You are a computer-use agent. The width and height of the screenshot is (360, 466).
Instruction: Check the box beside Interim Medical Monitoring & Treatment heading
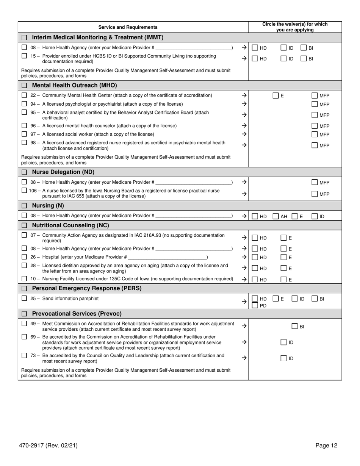(24, 38)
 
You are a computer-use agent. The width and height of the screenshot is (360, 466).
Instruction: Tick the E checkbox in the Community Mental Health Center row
(276, 96)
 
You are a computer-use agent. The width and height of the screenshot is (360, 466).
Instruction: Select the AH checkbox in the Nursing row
(276, 216)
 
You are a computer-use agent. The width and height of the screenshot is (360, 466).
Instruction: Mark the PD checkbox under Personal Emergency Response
(255, 305)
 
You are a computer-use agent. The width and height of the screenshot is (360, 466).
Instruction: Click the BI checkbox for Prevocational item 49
(294, 326)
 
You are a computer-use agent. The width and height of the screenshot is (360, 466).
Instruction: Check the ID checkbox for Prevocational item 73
(283, 358)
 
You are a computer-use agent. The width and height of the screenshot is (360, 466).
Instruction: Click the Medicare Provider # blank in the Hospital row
(167, 257)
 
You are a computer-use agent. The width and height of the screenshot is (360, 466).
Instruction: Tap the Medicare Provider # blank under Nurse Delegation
(194, 182)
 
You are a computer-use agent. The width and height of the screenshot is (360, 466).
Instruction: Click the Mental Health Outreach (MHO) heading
(74, 85)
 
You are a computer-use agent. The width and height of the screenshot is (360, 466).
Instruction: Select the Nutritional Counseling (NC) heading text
(70, 225)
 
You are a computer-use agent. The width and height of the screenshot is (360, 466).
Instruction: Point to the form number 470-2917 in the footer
(48, 446)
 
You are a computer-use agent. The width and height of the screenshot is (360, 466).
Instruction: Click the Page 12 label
(326, 446)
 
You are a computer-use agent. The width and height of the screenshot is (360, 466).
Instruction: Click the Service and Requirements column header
(128, 27)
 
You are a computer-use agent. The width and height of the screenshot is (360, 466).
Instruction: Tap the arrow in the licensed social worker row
(244, 134)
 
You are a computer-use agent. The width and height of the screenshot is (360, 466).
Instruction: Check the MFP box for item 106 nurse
(315, 194)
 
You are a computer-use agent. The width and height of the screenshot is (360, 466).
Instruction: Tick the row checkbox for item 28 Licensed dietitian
(24, 266)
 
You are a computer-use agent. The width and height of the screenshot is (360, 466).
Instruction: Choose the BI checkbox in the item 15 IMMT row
(304, 58)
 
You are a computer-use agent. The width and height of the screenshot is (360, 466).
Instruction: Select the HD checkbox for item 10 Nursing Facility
(255, 280)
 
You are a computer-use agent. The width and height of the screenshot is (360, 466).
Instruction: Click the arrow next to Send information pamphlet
(244, 302)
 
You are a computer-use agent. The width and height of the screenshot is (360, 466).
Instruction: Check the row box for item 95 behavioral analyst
(24, 113)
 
